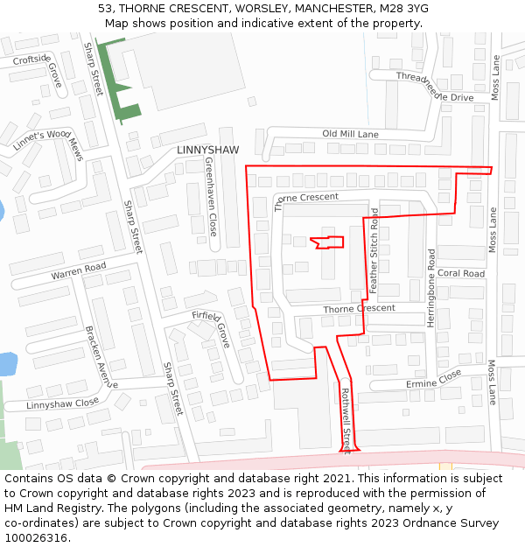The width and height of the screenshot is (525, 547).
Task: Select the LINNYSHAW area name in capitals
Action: pos(207,151)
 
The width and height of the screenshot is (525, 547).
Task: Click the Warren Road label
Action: pos(78,271)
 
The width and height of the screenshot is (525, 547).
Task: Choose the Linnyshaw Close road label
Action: pos(62,403)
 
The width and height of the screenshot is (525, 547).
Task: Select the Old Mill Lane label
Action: pos(350,134)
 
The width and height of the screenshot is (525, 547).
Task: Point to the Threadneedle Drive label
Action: pos(434,87)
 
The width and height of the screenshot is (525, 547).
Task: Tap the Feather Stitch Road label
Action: pos(374,249)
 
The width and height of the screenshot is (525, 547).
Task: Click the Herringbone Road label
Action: pos(431,288)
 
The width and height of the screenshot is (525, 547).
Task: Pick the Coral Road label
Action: pos(461,274)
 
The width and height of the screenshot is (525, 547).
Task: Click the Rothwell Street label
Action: pos(346,421)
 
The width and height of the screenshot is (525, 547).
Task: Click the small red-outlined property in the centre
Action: pos(329,242)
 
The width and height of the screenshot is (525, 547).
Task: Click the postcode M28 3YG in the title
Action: pos(404,9)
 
